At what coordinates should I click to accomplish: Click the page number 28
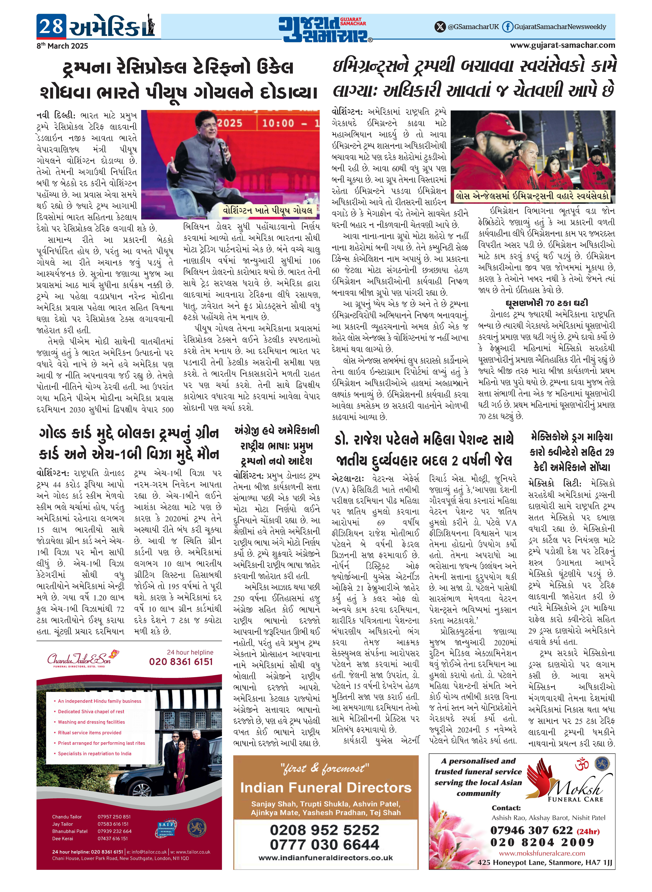point(51,26)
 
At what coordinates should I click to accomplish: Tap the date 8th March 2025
point(62,46)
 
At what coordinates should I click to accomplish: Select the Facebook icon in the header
point(507,27)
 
